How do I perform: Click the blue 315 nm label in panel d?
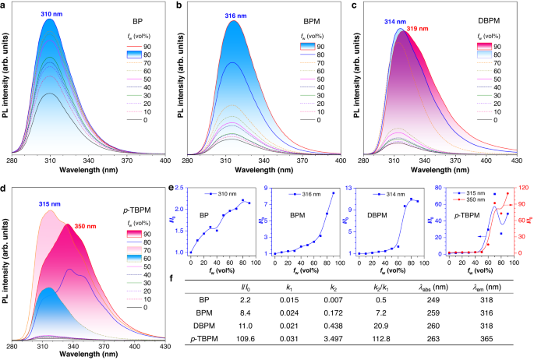[x=51, y=204]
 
